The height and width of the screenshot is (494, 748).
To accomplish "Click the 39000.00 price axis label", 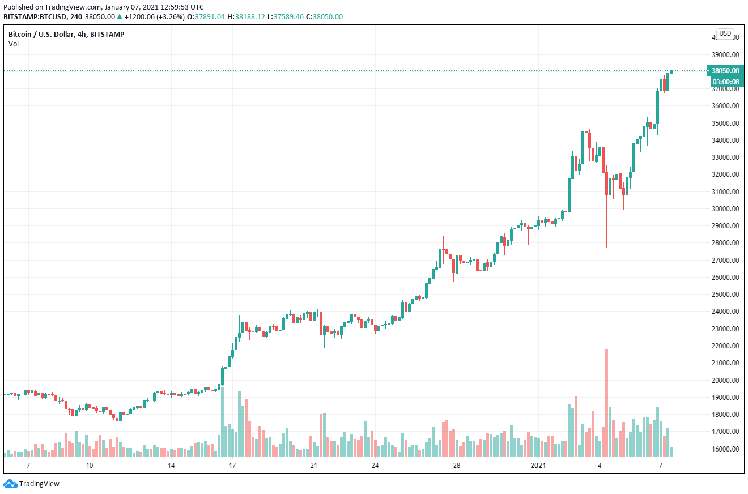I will tap(725, 55).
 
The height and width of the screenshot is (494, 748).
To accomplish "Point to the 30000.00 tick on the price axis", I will tap(725, 209).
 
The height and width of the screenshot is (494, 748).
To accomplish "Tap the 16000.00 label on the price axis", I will tap(725, 449).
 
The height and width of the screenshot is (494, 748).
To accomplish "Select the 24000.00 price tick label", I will tap(725, 312).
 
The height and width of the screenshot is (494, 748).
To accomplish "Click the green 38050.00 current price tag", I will tap(725, 71).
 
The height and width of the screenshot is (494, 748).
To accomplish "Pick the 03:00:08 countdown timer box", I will tap(725, 82).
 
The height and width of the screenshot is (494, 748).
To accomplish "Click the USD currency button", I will tap(725, 33).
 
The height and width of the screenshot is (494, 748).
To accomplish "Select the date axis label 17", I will tap(232, 465).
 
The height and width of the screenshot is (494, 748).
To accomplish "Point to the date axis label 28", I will tap(457, 465).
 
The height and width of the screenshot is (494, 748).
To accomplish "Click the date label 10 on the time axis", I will tap(89, 465).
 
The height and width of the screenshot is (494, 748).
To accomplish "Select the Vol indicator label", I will tap(14, 44).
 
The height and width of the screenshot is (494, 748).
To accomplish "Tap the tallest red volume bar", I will tap(607, 402).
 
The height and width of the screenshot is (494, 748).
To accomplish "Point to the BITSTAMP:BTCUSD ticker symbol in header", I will tap(35, 17).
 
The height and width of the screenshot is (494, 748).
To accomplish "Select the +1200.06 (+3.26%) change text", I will tap(146, 17).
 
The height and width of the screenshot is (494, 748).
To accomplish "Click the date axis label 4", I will tap(599, 465).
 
